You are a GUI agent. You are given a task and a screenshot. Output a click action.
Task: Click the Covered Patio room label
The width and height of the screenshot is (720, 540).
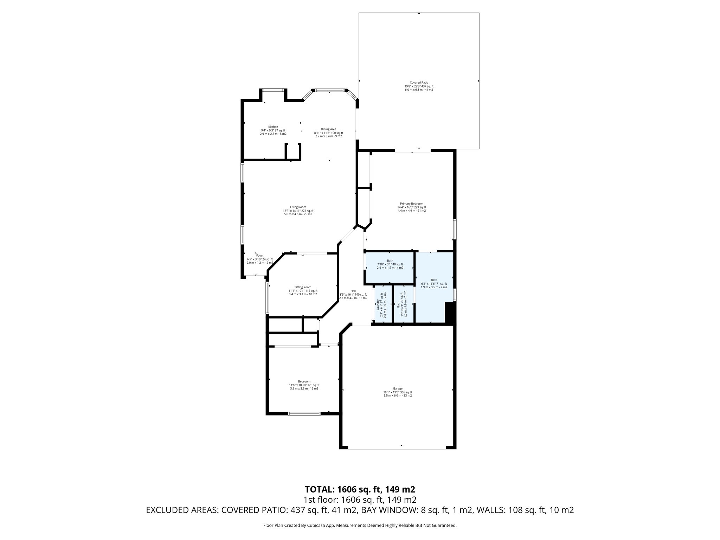(x=419, y=86)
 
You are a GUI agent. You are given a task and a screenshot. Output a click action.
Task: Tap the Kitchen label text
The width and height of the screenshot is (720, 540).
(x=273, y=130)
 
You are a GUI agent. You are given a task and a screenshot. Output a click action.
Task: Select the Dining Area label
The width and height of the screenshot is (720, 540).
(x=328, y=133)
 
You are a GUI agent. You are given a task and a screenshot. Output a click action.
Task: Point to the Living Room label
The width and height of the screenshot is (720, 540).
(x=298, y=211)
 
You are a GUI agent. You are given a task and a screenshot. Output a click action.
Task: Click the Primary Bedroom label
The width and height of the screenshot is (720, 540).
(x=412, y=207)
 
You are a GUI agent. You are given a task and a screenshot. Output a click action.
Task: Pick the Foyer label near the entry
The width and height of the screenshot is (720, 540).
(x=260, y=259)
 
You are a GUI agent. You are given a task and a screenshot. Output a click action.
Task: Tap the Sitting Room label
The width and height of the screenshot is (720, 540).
(x=303, y=290)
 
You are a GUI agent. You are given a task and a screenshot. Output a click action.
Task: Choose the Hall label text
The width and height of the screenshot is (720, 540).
(x=353, y=294)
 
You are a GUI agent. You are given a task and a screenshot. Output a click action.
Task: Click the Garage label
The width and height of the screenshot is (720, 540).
(x=398, y=392)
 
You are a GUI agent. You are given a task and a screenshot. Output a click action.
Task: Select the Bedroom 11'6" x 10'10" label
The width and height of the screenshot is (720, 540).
(x=304, y=385)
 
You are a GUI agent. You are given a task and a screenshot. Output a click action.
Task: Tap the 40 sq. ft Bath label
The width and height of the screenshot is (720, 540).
(x=390, y=264)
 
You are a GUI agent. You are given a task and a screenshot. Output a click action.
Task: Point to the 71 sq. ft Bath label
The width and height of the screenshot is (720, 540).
(x=434, y=283)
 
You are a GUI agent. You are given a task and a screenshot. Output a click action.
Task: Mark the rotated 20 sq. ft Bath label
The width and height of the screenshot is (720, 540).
(x=402, y=304)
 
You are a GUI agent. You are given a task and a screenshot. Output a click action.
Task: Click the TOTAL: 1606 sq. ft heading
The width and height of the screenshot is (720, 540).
(x=360, y=489)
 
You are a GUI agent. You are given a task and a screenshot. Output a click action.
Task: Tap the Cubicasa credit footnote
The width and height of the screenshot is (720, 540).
(x=360, y=525)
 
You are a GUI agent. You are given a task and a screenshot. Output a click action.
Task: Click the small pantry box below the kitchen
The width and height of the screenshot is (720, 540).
(x=292, y=152)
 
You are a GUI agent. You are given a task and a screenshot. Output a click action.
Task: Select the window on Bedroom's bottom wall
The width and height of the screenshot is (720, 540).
(x=304, y=414)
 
